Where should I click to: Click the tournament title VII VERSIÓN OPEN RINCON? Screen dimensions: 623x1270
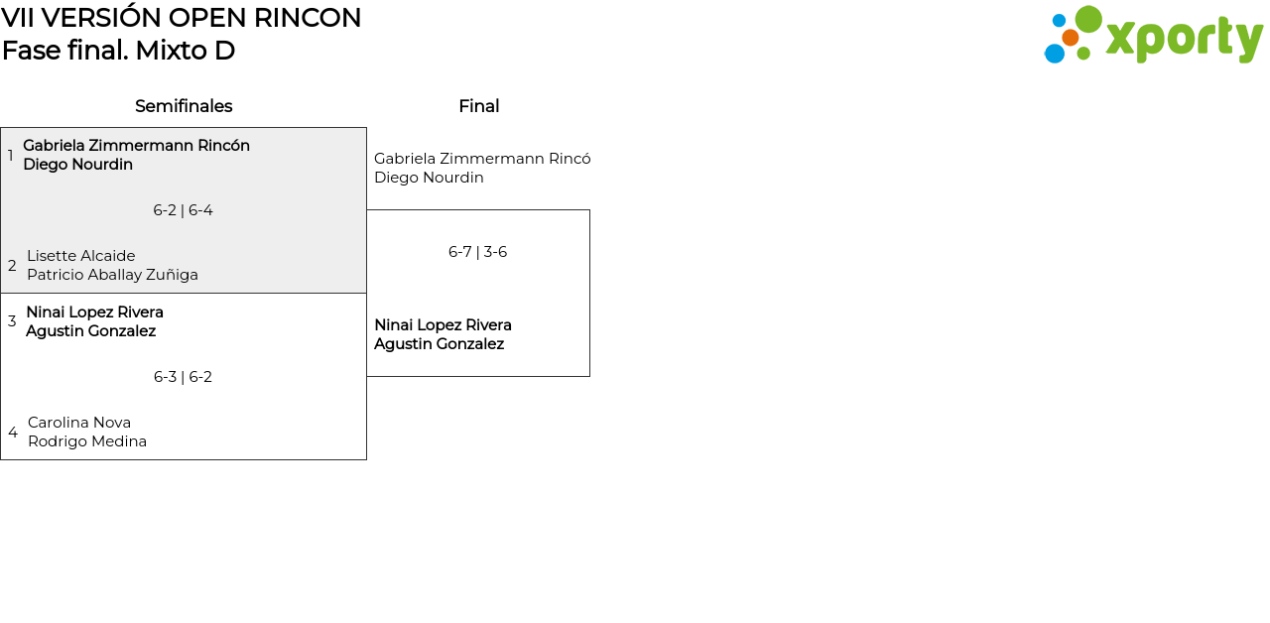tap(182, 18)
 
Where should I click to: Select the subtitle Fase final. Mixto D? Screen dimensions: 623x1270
tap(118, 51)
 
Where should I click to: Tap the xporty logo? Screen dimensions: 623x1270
tap(1153, 36)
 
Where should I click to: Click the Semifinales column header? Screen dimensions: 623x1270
tap(184, 106)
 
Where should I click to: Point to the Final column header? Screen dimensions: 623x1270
tap(478, 106)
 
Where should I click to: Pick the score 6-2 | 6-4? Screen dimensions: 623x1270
tap(183, 210)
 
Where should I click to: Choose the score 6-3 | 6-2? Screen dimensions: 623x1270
tap(183, 377)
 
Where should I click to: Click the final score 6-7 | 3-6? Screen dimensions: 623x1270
tap(477, 252)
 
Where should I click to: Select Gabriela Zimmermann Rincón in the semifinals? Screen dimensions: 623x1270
tap(136, 146)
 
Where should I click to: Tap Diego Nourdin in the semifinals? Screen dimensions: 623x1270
tap(77, 165)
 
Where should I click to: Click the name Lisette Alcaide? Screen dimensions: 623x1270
tap(80, 256)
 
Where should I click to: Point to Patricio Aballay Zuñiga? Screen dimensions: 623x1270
tap(112, 275)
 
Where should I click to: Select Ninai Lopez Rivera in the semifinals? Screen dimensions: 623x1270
tap(94, 312)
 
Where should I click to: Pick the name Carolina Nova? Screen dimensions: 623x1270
tap(79, 423)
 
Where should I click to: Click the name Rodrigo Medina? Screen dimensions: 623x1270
tap(87, 441)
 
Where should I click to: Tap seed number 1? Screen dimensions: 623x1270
tap(11, 156)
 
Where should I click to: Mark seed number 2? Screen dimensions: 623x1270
tap(12, 266)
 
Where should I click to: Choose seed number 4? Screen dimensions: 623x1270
tap(13, 433)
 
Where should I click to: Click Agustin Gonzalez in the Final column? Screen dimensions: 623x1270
tap(439, 344)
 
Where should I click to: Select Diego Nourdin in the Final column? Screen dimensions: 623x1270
tap(429, 178)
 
